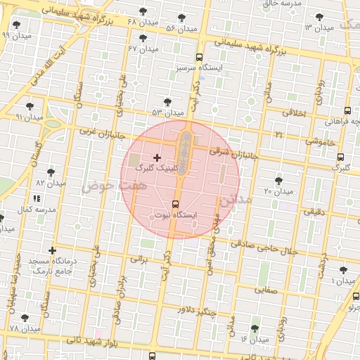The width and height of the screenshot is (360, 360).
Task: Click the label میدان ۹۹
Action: click(x=16, y=34)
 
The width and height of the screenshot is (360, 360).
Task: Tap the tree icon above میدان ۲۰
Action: click(x=279, y=181)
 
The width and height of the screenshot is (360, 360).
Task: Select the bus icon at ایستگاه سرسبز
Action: click(x=200, y=57)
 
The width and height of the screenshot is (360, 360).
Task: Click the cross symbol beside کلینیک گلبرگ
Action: click(x=156, y=157)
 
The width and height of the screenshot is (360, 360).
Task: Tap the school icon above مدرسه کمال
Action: click(x=37, y=200)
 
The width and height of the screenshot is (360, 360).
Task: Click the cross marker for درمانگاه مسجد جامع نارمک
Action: click(x=52, y=250)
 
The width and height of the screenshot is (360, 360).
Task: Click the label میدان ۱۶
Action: click(x=254, y=339)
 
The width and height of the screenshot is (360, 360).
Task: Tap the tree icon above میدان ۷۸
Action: click(x=25, y=319)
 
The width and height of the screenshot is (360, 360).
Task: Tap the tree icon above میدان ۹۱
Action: click(x=29, y=106)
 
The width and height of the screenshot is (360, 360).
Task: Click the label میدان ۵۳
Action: click(x=167, y=112)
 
